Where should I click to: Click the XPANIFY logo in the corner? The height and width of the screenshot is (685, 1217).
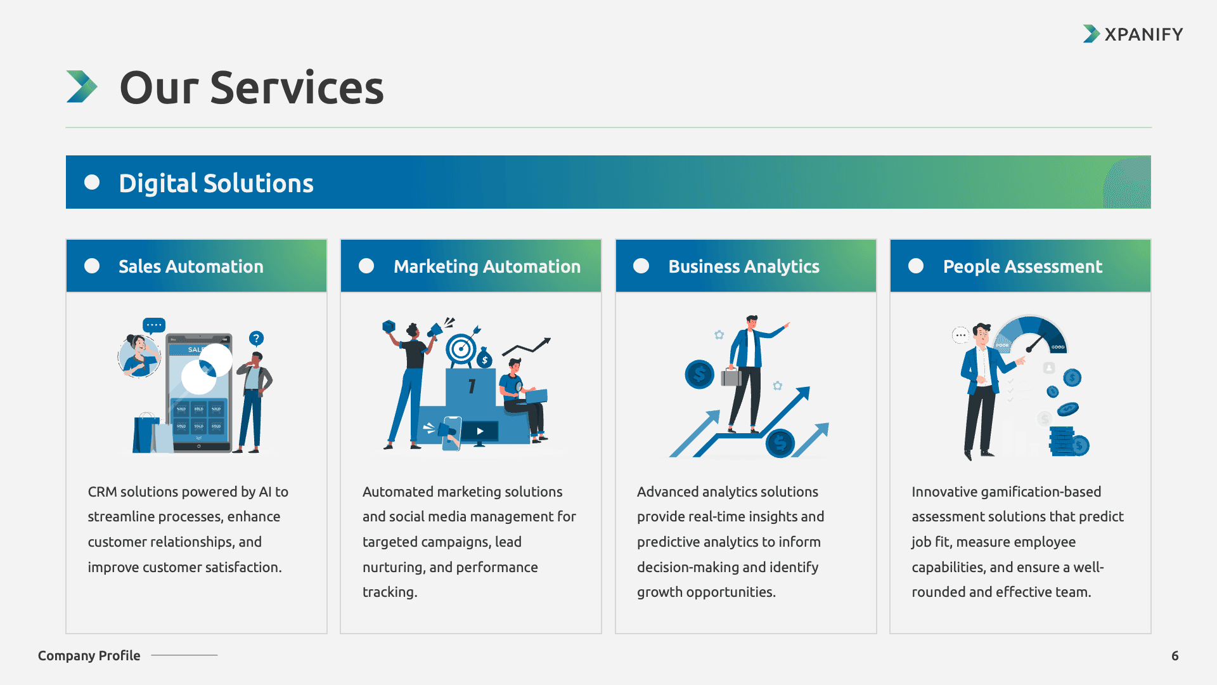[x=1133, y=34]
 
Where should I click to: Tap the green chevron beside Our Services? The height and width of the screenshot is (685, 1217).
[x=82, y=86]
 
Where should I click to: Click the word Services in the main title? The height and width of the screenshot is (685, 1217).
[x=297, y=88]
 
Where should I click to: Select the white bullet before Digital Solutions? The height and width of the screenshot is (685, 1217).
[x=92, y=183]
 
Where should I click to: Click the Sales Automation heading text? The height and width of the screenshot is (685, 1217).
[x=191, y=266]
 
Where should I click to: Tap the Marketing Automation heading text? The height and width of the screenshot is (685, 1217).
[x=487, y=266]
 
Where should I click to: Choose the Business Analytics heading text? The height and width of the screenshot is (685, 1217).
[x=744, y=266]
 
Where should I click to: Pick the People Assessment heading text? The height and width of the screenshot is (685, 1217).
[x=1022, y=266]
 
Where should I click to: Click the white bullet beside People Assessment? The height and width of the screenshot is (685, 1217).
[x=916, y=266]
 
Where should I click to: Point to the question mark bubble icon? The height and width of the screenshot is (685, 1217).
[x=256, y=338]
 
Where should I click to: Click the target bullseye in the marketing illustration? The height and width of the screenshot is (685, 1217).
[x=461, y=348]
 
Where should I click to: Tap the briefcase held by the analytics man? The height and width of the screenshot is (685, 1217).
[x=731, y=377]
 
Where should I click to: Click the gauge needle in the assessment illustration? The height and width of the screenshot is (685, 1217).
[x=1035, y=343]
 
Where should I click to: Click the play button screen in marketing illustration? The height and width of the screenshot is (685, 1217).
[x=480, y=431]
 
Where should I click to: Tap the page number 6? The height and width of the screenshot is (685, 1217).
[x=1175, y=656]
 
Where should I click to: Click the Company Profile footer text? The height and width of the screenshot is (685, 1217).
[x=89, y=656]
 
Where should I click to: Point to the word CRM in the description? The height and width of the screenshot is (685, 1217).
[x=102, y=492]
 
